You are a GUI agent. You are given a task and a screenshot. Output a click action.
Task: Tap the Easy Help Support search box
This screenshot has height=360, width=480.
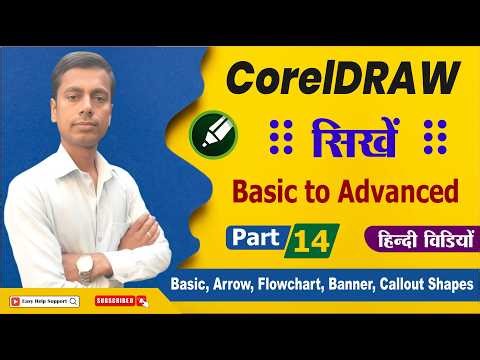pyautogui.click(x=45, y=300)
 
